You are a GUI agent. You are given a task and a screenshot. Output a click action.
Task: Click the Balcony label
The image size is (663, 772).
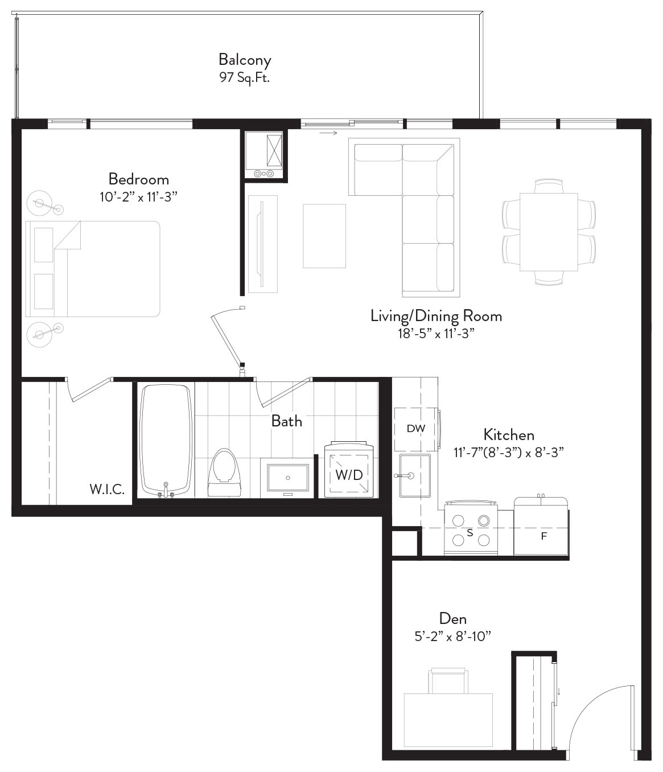pyautogui.click(x=245, y=60)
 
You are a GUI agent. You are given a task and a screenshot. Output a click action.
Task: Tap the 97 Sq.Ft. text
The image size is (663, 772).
pyautogui.click(x=245, y=77)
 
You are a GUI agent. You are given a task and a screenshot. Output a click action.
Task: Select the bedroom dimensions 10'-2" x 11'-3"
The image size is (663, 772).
pyautogui.click(x=138, y=197)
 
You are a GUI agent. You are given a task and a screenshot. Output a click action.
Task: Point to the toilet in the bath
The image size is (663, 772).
pyautogui.click(x=224, y=473)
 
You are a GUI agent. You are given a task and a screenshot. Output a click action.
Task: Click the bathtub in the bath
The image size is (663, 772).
pyautogui.click(x=167, y=441)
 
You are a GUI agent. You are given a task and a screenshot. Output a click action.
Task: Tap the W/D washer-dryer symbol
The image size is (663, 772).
pyautogui.click(x=349, y=470)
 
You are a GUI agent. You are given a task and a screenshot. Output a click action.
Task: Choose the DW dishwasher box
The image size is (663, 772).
pyautogui.click(x=416, y=429)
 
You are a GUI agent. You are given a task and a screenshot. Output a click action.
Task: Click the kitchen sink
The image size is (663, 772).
pyautogui.click(x=415, y=476)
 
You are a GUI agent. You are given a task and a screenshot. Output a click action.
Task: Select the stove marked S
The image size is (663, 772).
pyautogui.click(x=471, y=529)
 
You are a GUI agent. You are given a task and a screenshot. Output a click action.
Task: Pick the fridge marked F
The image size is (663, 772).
pyautogui.click(x=541, y=527)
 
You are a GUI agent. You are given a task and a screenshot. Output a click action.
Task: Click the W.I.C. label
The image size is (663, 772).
pyautogui.click(x=107, y=489)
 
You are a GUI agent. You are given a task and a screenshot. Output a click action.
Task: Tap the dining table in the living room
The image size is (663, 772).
pyautogui.click(x=549, y=232)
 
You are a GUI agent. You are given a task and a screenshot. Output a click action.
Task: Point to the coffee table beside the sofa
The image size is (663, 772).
pyautogui.click(x=324, y=236)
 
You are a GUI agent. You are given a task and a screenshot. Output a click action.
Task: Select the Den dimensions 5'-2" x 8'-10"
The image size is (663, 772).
pyautogui.click(x=453, y=636)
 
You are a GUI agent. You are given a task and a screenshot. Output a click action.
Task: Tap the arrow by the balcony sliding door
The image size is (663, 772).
pyautogui.click(x=329, y=133)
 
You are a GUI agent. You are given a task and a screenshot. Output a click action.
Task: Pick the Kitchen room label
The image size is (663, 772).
pyautogui.click(x=508, y=435)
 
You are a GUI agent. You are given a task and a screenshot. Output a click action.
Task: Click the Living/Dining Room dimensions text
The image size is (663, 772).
pyautogui.click(x=436, y=334)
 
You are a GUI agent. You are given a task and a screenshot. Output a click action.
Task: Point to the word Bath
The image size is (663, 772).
pyautogui.click(x=287, y=421)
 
